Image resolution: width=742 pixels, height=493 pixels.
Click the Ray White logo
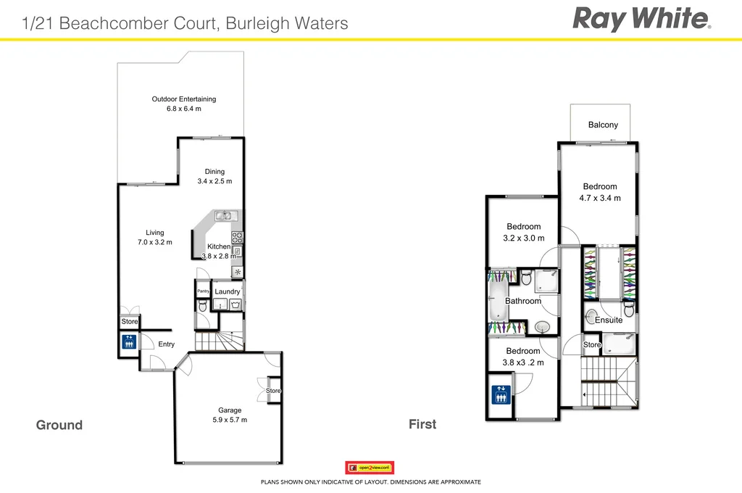pos(641,19)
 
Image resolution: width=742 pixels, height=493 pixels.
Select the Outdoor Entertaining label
pos(183,99)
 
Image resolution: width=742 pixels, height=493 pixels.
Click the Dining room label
pos(214,172)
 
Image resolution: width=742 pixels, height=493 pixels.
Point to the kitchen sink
pos(225,215)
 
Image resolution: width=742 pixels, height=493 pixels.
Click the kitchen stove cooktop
pos(237,237)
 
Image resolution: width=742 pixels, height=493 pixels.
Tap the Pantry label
pos(203,291)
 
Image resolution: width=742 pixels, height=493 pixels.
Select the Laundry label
pos(228,291)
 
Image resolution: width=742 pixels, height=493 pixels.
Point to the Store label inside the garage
pos(273,391)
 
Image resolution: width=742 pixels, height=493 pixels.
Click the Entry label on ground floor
pos(166,344)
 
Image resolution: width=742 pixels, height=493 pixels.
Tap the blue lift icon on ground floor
pos(128,341)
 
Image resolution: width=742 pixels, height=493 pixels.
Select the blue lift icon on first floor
pos(500,395)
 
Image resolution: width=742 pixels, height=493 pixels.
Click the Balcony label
pos(603,125)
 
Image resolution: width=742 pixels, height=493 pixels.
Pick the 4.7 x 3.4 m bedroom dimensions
pos(600,198)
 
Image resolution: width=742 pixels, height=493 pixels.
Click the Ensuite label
pos(609,320)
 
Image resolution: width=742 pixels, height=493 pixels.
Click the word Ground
pos(59,425)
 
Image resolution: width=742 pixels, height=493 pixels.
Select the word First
pos(422,424)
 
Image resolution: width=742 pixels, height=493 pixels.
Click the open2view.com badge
pos(370,468)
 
